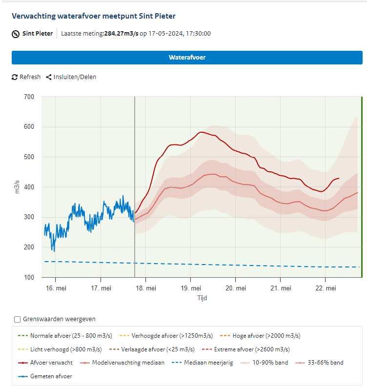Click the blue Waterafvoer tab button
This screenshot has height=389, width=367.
pyautogui.click(x=187, y=58)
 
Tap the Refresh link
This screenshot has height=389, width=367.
pyautogui.click(x=26, y=77)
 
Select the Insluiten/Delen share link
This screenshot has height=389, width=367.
pyautogui.click(x=71, y=77)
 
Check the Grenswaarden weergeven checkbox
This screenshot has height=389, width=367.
pyautogui.click(x=17, y=319)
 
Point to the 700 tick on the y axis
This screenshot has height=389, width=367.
pyautogui.click(x=29, y=97)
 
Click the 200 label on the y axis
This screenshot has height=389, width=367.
pyautogui.click(x=29, y=247)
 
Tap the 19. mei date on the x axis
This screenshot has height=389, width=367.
pyautogui.click(x=191, y=288)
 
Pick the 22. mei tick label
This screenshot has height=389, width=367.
pyautogui.click(x=326, y=288)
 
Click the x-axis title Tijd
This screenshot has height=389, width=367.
pyautogui.click(x=202, y=298)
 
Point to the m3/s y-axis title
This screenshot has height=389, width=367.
pyautogui.click(x=17, y=187)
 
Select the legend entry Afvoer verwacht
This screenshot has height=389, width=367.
pyautogui.click(x=45, y=363)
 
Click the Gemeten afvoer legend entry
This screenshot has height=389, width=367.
pyautogui.click(x=45, y=376)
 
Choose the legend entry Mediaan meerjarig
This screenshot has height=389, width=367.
pyautogui.click(x=202, y=363)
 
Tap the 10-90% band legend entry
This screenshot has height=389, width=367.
pyautogui.click(x=264, y=363)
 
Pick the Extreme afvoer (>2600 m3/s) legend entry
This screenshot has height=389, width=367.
pyautogui.click(x=246, y=349)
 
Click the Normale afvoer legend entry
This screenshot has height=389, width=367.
pyautogui.click(x=65, y=336)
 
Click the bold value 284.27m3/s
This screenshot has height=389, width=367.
pyautogui.click(x=121, y=34)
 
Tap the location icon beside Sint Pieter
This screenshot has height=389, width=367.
pyautogui.click(x=16, y=34)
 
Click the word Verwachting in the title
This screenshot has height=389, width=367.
pyautogui.click(x=34, y=16)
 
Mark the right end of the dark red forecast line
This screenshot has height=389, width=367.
pyautogui.click(x=339, y=178)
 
